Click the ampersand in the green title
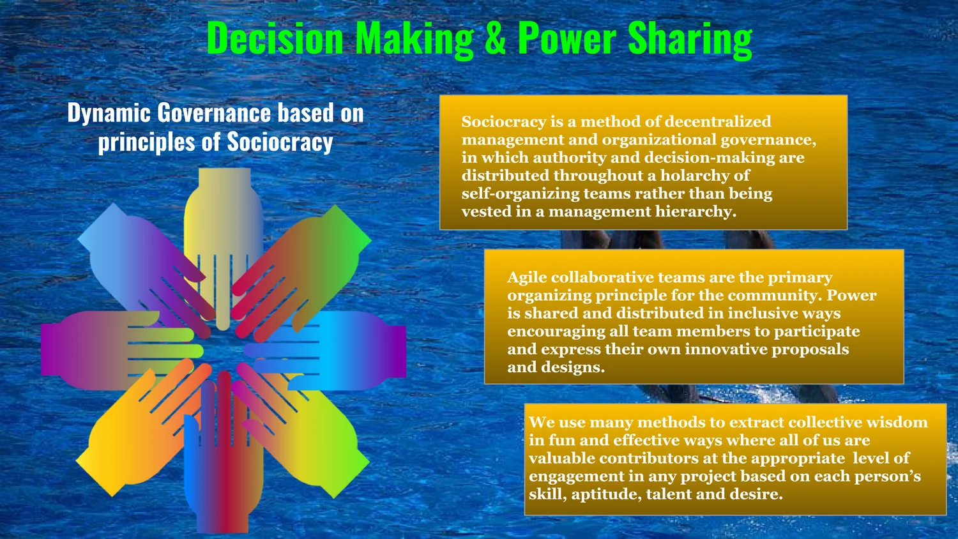pyautogui.click(x=496, y=40)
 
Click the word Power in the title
pyautogui.click(x=567, y=40)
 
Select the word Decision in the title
pyautogui.click(x=275, y=40)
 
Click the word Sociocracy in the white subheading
pyautogui.click(x=280, y=142)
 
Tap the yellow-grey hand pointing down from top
pyautogui.click(x=223, y=217)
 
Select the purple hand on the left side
pyautogui.click(x=89, y=350)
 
